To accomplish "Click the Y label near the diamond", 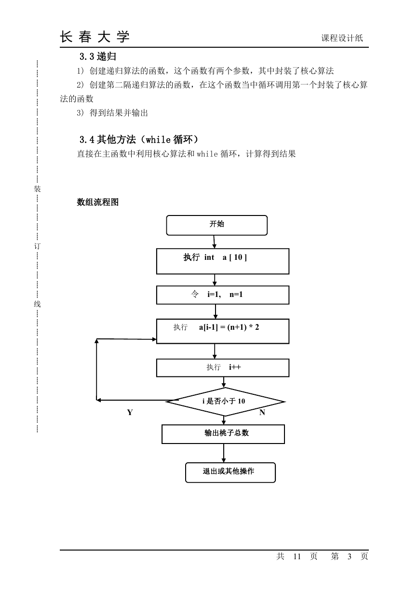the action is [x=130, y=412].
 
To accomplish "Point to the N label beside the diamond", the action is [x=262, y=412].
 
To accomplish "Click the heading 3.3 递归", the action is [x=98, y=56].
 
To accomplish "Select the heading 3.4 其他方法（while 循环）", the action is [x=139, y=139].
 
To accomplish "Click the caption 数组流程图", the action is [x=97, y=202].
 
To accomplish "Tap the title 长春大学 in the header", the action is [x=95, y=37].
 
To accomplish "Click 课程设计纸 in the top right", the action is [x=342, y=38].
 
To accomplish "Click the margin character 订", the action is [x=37, y=246].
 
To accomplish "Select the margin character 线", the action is [x=37, y=304].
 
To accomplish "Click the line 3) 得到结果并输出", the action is [x=112, y=113].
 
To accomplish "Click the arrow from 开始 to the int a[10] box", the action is [x=214, y=242].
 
